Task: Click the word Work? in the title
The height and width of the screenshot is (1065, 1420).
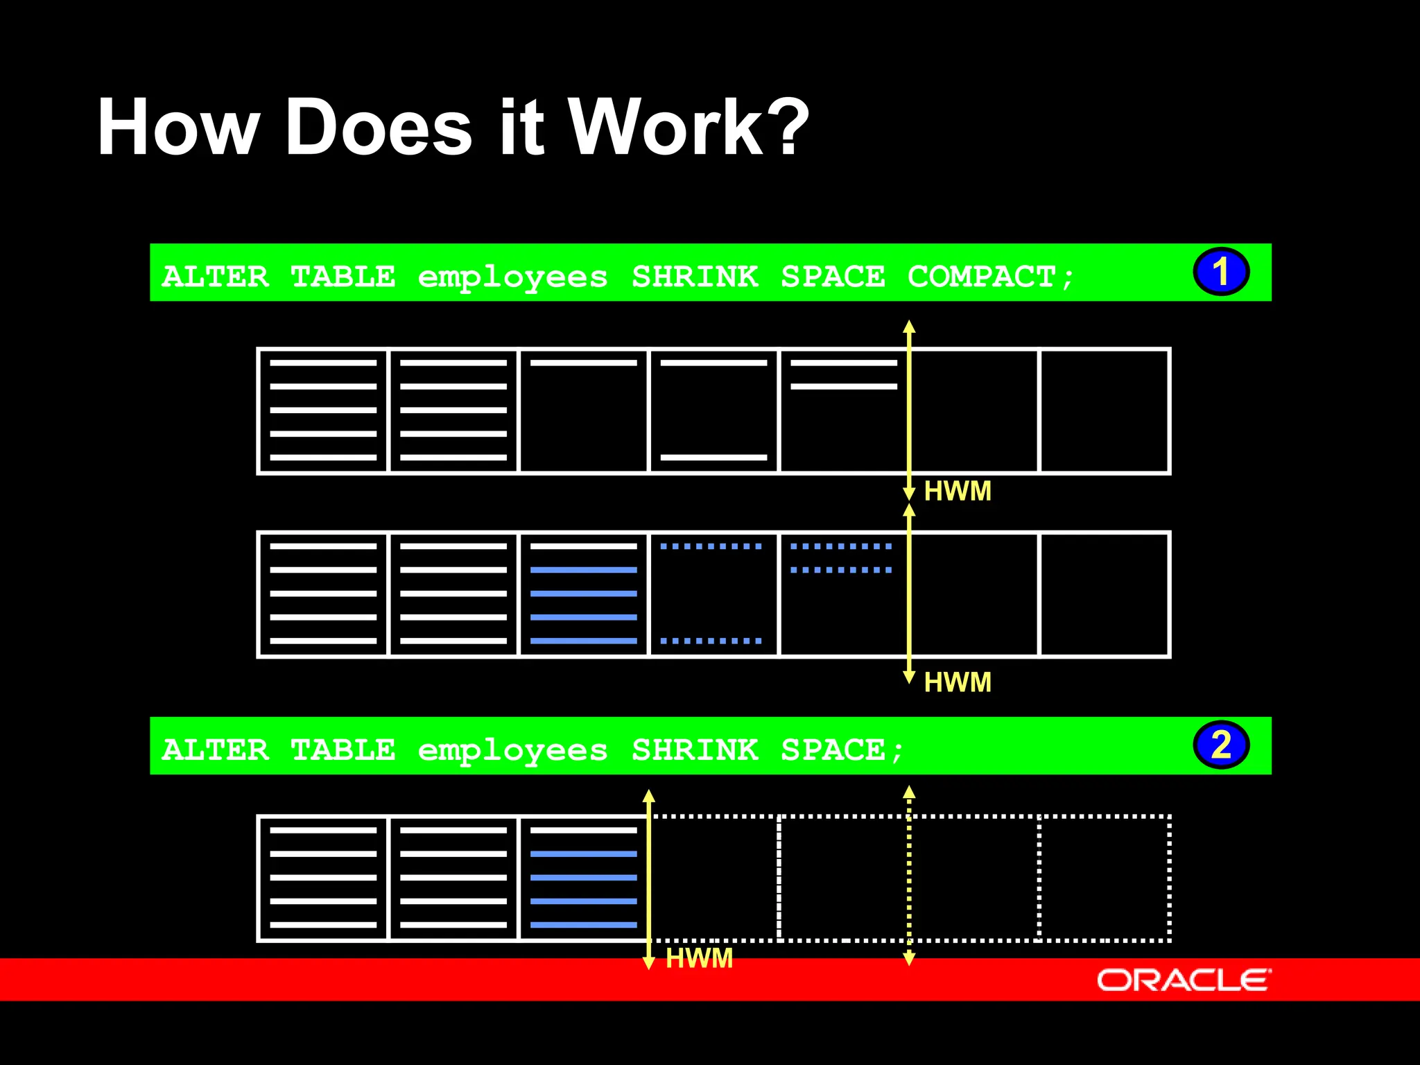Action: [x=688, y=128]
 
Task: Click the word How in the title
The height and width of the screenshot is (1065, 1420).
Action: [x=177, y=128]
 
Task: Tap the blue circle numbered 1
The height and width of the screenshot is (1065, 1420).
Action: [x=1220, y=271]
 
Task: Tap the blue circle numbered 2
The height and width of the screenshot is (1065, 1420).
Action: [x=1220, y=745]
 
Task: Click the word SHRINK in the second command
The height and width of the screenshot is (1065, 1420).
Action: [x=695, y=750]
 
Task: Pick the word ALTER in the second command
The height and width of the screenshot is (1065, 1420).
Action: [x=215, y=750]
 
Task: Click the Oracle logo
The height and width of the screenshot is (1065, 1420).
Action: [x=1184, y=980]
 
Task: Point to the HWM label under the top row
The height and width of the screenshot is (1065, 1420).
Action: [x=958, y=492]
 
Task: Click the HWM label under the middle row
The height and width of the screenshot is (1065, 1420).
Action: [x=958, y=682]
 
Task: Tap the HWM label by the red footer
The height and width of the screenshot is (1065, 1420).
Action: [x=699, y=958]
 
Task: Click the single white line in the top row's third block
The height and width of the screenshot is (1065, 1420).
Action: [x=583, y=363]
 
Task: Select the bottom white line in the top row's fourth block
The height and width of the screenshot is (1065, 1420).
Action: [x=713, y=458]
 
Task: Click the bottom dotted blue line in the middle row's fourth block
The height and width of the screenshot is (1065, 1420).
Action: [x=711, y=641]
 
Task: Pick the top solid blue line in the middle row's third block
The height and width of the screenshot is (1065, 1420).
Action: [x=583, y=570]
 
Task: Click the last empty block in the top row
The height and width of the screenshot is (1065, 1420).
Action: [x=1105, y=411]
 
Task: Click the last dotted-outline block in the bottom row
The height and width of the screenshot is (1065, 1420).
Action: [x=1105, y=878]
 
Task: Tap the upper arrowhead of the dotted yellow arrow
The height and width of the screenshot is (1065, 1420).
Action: [x=909, y=792]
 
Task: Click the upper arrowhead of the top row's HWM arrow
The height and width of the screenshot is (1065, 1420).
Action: [x=909, y=326]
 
